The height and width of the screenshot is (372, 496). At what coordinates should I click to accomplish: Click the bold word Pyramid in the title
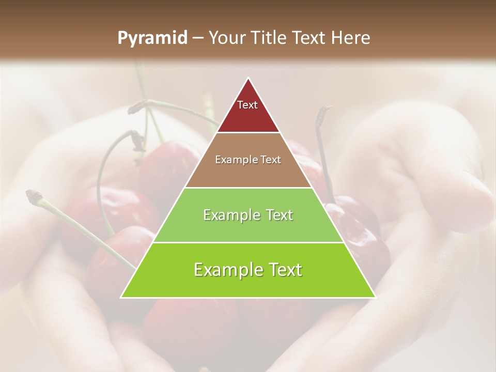(152, 38)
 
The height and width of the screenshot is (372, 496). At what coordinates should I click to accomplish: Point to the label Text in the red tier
(247, 105)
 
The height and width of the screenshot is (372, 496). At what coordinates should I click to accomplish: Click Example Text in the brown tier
(248, 160)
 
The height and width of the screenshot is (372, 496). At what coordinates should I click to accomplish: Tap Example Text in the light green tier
(248, 215)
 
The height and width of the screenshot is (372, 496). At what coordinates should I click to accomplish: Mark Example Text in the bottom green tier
(248, 270)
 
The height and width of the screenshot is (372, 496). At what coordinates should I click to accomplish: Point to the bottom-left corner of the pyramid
(121, 297)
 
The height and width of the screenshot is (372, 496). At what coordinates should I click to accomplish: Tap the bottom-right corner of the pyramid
(375, 297)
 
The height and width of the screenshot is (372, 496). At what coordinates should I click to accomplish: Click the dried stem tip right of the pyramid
(325, 110)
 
